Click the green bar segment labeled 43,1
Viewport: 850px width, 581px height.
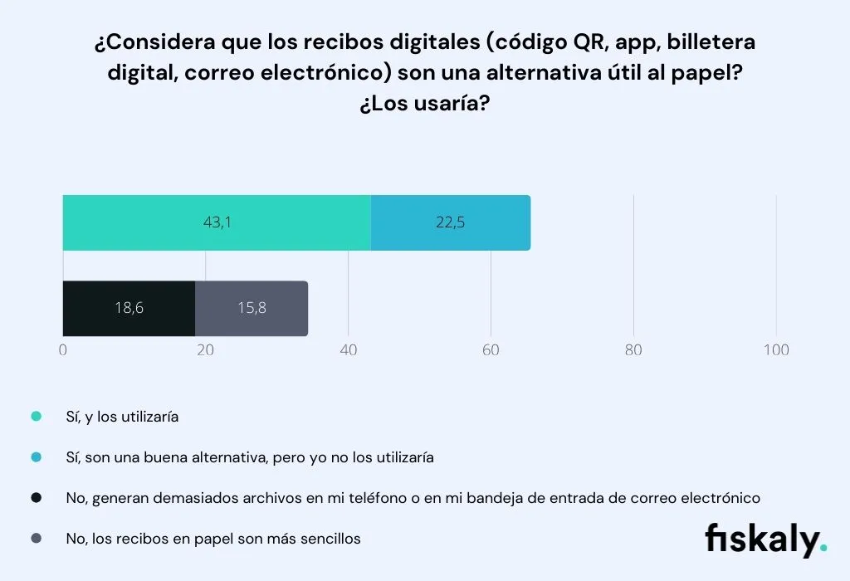[x=217, y=222]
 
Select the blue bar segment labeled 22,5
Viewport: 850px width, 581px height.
[x=450, y=222]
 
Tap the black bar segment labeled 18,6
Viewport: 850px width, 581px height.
[x=129, y=308]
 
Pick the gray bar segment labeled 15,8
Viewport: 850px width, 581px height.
[x=252, y=308]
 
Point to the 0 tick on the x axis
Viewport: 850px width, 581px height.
[x=63, y=350]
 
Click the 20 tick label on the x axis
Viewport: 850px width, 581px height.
[x=205, y=350]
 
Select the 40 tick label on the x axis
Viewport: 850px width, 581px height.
[x=348, y=350]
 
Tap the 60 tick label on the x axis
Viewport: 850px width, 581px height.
[x=491, y=350]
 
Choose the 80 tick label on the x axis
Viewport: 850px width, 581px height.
[x=633, y=350]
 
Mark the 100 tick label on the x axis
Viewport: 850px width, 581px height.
[x=776, y=350]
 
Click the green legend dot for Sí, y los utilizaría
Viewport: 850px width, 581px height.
[x=36, y=417]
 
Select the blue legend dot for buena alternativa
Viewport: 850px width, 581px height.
[x=36, y=457]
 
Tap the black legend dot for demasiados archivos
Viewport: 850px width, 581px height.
[x=36, y=498]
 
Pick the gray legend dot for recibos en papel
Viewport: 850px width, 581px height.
[x=36, y=539]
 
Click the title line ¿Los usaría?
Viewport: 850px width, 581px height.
[x=424, y=105]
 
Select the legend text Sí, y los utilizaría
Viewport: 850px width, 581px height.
[x=122, y=417]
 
